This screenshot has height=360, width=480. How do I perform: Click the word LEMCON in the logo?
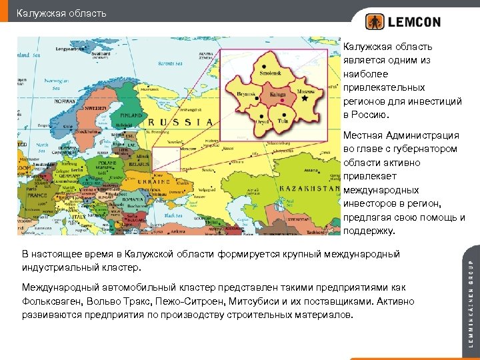point(414,22)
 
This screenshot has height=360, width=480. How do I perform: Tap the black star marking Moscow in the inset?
point(305,98)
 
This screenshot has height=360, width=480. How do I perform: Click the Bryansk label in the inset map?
point(246,95)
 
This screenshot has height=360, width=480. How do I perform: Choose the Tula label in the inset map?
point(283,121)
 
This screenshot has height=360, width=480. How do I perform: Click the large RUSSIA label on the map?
point(179,122)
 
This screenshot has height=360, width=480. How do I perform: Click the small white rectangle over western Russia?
point(167,159)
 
